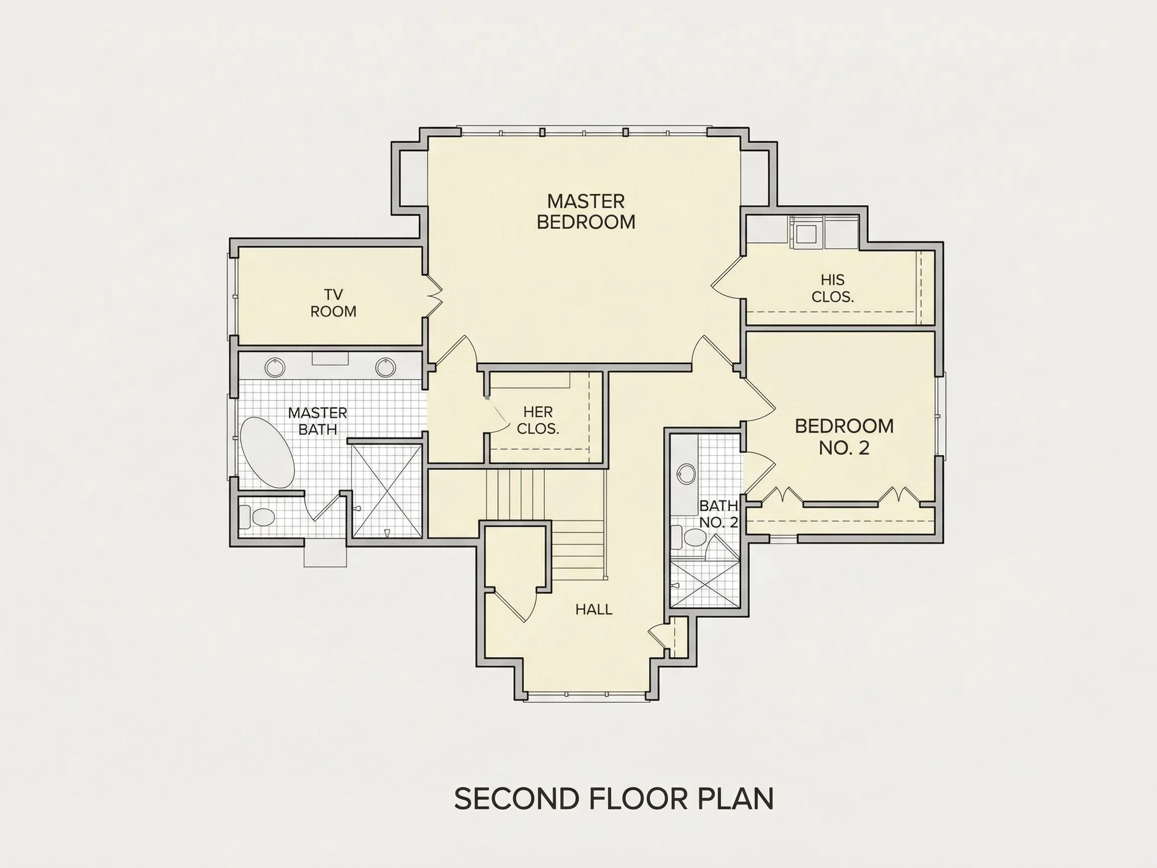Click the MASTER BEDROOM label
586,211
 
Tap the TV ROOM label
333,303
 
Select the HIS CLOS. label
832,288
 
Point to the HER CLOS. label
538,420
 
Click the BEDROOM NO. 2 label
844,437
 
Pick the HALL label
594,609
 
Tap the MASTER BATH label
317,421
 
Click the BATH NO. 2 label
719,514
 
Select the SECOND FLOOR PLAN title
614,798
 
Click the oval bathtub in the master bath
267,453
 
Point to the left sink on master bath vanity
275,367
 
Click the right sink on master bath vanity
386,367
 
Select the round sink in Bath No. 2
686,474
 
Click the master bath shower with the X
387,491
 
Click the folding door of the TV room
435,295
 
